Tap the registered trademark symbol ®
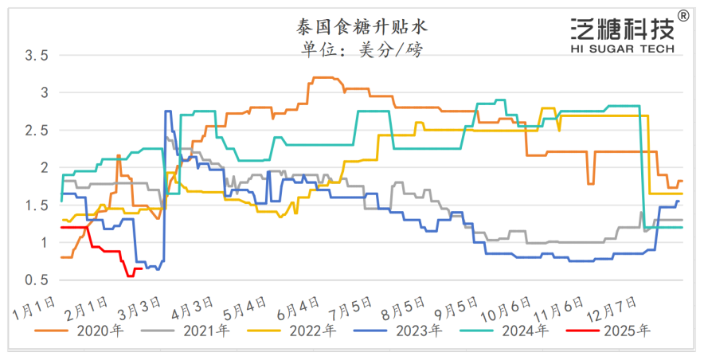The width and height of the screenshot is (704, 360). click(x=683, y=15)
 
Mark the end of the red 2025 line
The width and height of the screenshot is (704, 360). click(x=142, y=269)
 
